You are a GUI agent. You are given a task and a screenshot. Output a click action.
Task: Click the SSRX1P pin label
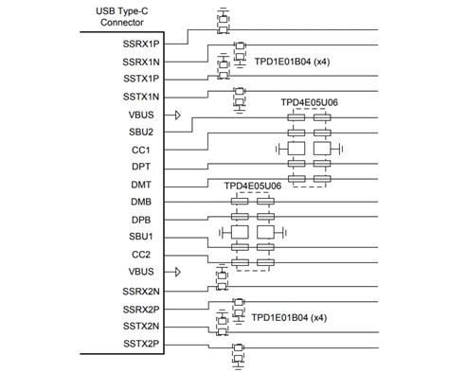[x=141, y=44]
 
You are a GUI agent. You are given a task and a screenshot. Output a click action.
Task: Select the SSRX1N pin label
[x=141, y=61]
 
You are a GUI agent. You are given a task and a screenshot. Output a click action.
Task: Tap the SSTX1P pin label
[x=141, y=79]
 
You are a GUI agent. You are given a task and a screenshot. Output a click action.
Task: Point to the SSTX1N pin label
[x=141, y=97]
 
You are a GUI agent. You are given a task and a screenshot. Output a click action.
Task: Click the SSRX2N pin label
[x=141, y=290]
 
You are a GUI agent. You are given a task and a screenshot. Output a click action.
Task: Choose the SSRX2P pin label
[x=141, y=308]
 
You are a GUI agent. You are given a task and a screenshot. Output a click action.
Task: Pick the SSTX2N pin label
[x=141, y=325]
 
